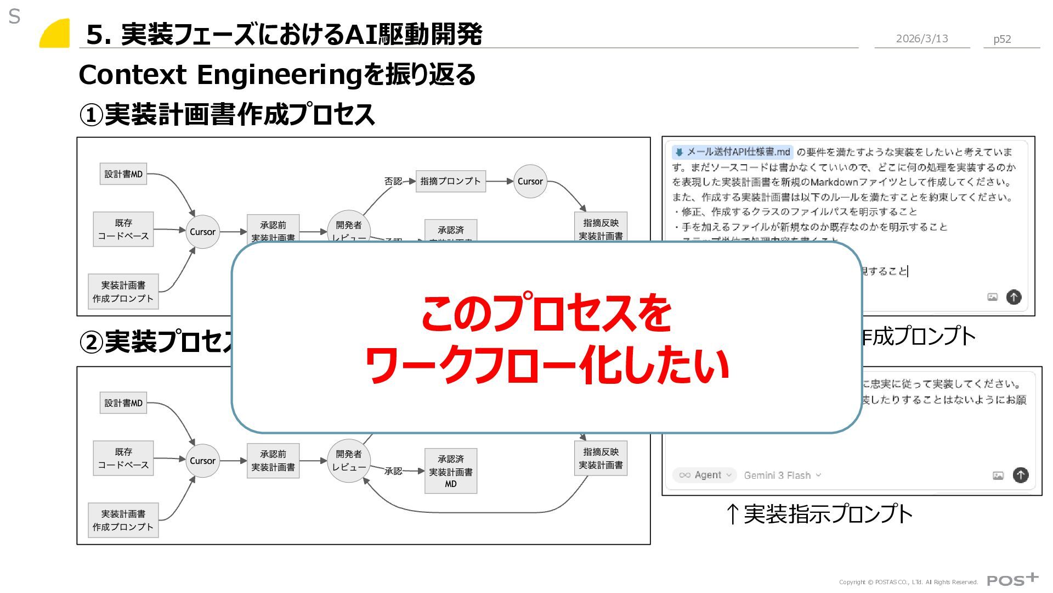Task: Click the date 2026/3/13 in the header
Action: coord(921,38)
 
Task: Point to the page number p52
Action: coord(1002,39)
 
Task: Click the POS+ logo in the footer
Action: coord(1012,580)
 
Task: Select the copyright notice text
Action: coord(908,582)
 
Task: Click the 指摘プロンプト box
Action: coord(450,181)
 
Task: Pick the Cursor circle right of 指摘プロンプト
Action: coord(530,181)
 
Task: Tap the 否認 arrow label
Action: coord(393,181)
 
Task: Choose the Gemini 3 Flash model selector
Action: coord(782,475)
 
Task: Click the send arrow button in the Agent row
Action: coord(1020,475)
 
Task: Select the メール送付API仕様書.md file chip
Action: coord(732,152)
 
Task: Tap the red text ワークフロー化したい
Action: coord(546,365)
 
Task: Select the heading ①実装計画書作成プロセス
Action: coord(227,115)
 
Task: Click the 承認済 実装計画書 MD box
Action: coord(450,471)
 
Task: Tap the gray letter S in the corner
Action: coord(14,17)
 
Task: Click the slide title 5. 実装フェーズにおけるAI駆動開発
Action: coord(284,34)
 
